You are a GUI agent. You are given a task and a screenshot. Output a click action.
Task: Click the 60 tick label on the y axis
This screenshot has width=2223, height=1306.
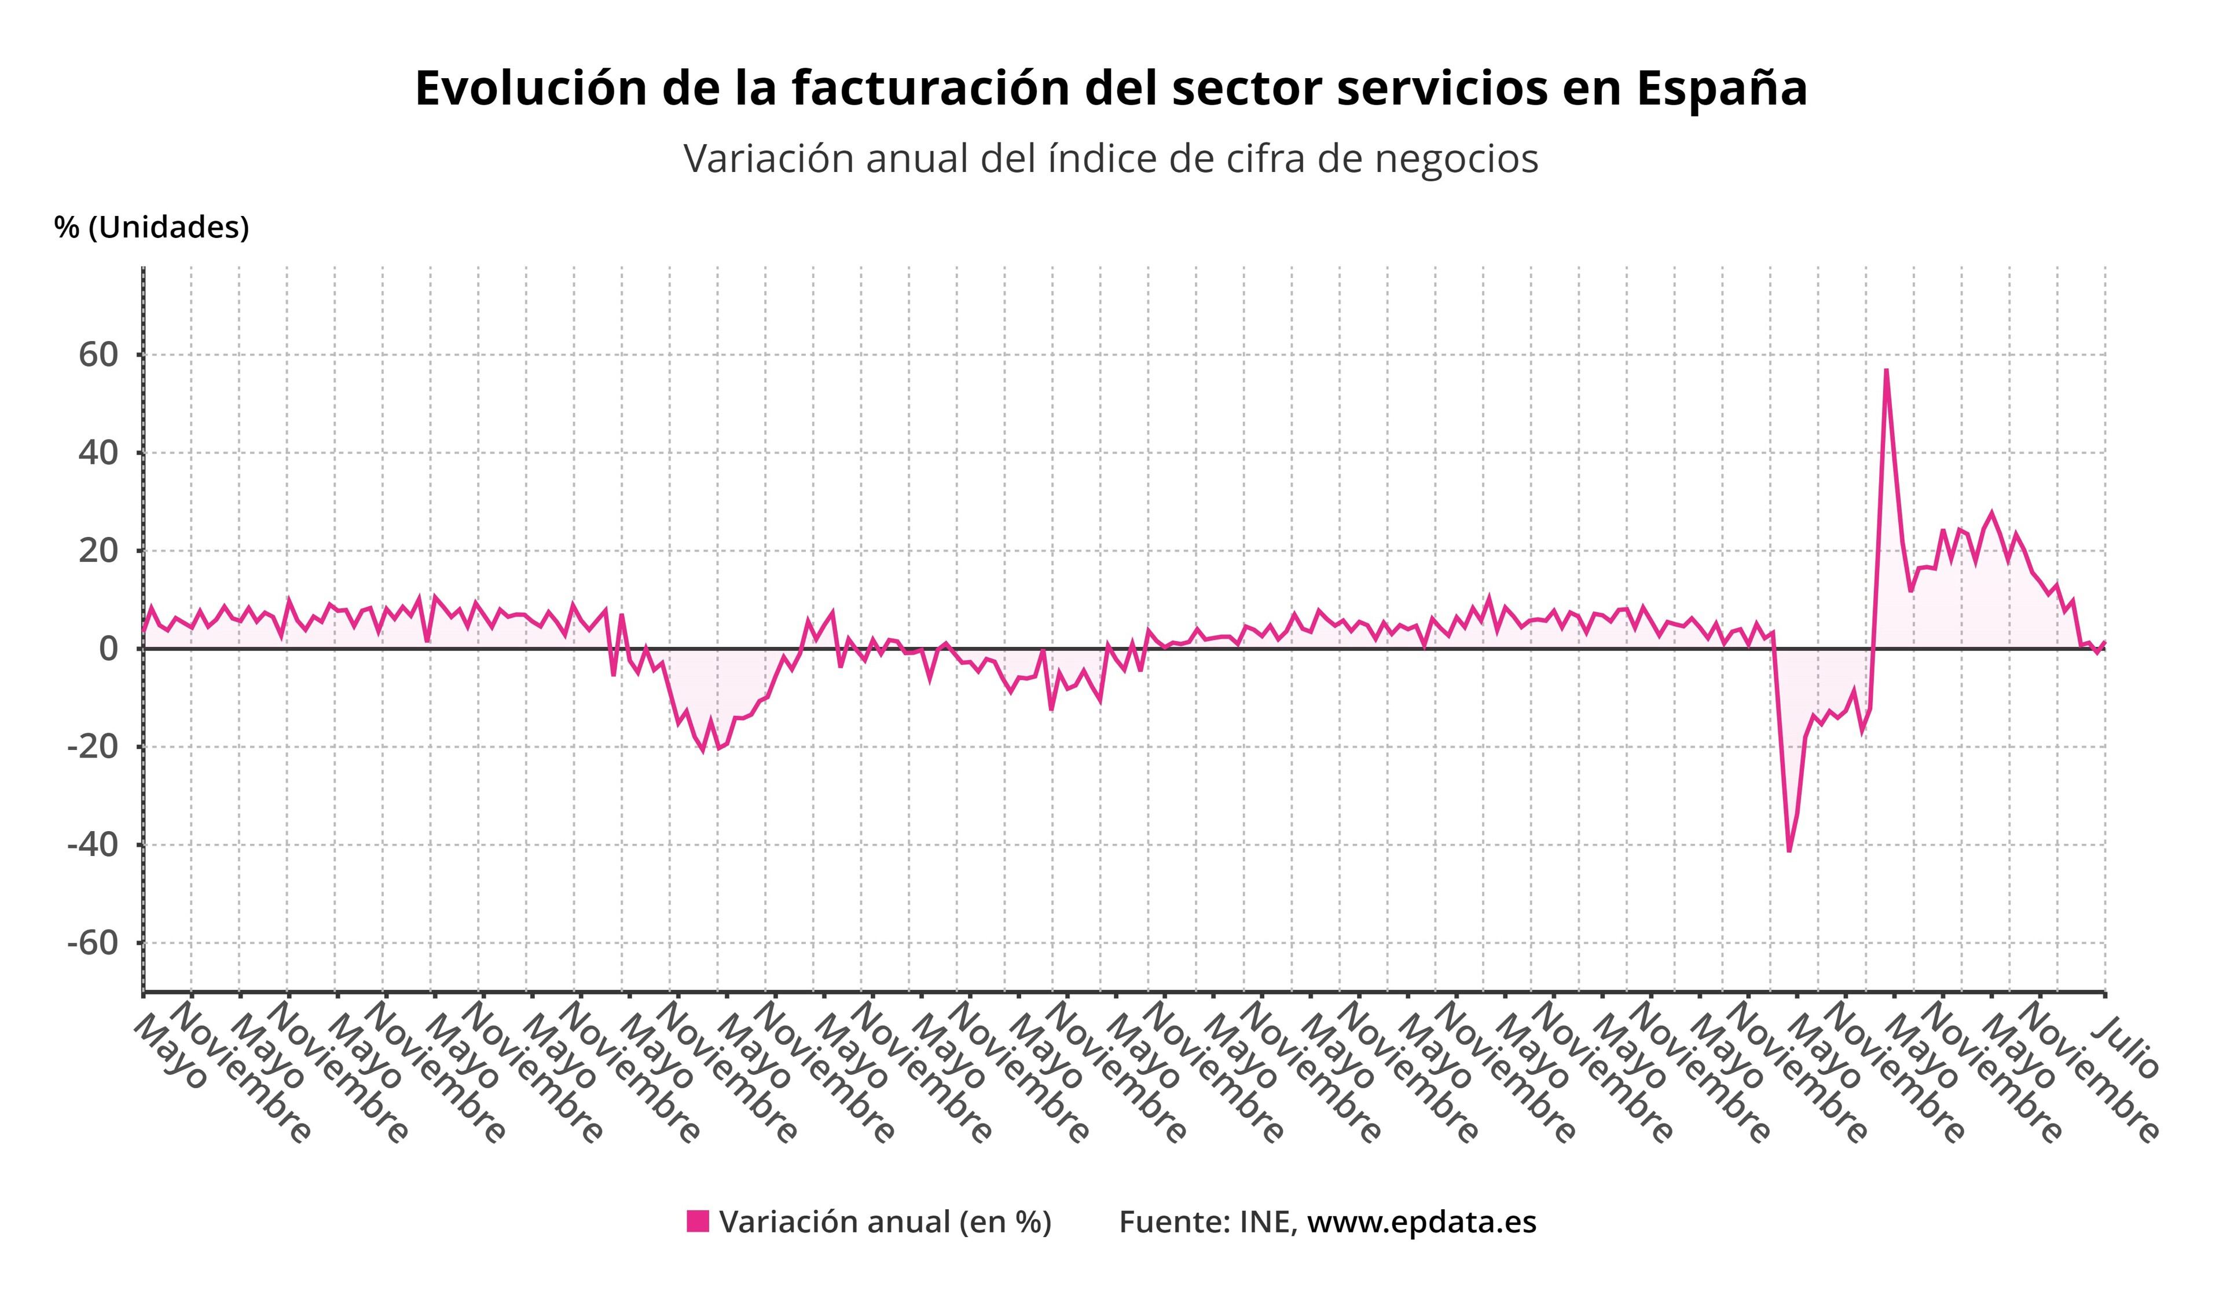point(97,355)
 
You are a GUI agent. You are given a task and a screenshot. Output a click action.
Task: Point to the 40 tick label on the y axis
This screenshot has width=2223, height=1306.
point(97,453)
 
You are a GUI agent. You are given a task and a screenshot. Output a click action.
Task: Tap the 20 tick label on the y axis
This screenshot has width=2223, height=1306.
point(97,551)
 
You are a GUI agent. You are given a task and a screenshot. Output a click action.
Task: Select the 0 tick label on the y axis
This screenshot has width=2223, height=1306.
point(108,649)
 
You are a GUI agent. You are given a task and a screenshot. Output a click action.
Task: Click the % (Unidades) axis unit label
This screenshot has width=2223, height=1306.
point(152,228)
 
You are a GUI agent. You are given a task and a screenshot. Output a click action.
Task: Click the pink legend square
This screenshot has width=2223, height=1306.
point(698,1221)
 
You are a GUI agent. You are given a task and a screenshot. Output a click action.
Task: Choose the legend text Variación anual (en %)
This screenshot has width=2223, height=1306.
point(885,1222)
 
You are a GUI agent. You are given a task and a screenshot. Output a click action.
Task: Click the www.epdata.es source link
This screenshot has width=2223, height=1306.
point(1421,1222)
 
